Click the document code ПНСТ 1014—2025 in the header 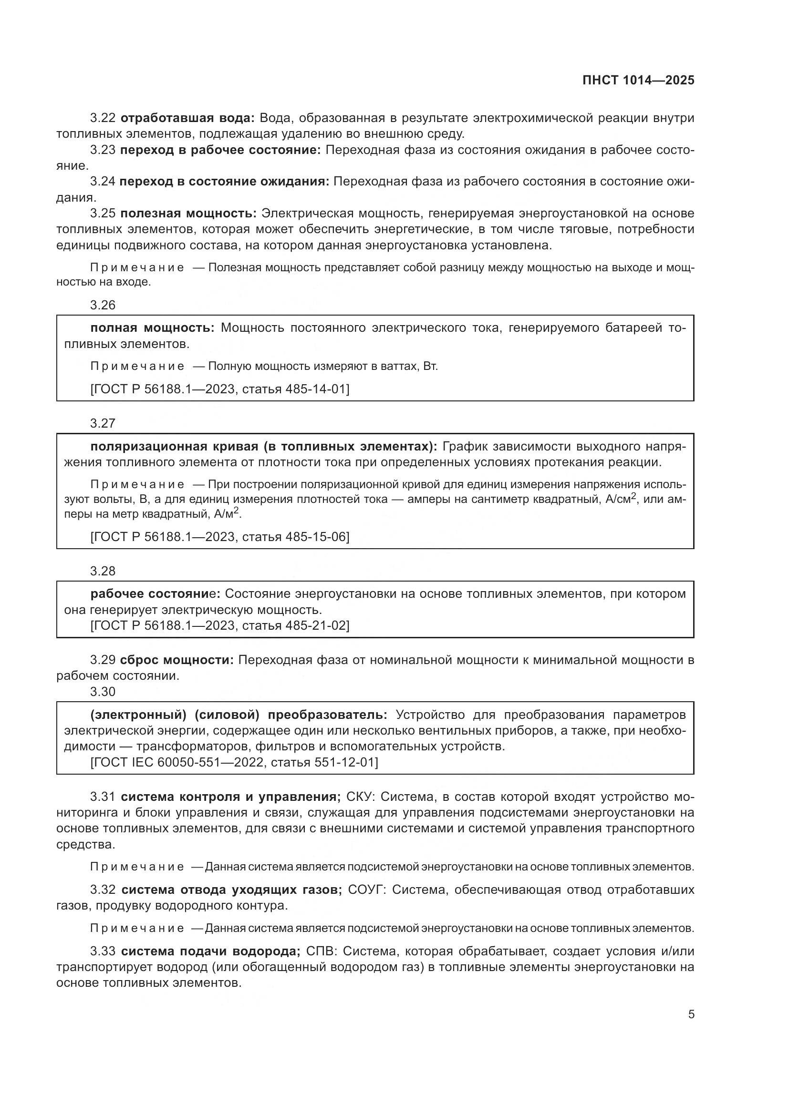(x=638, y=80)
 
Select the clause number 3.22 (x=103, y=118)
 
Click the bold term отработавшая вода (x=187, y=118)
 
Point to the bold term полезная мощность (x=188, y=213)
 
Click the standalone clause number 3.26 (x=103, y=305)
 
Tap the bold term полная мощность (x=152, y=328)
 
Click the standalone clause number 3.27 (x=103, y=423)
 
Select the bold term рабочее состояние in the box (x=155, y=594)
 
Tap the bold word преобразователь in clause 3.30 (x=327, y=715)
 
